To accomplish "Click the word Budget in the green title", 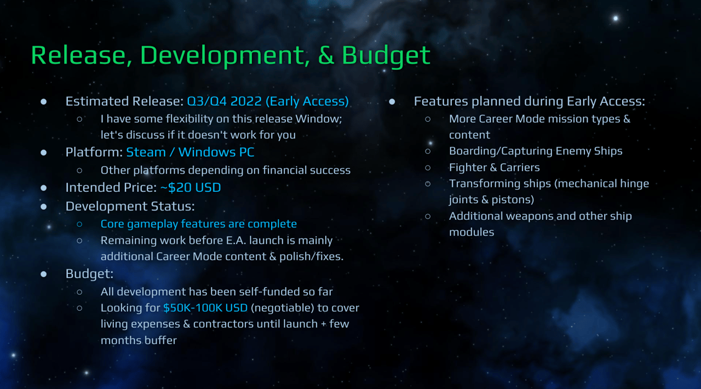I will click(386, 55).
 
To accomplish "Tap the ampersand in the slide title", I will click(326, 55).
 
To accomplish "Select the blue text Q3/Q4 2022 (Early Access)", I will click(268, 101).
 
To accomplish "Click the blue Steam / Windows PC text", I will click(190, 152).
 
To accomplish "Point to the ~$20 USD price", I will click(190, 187).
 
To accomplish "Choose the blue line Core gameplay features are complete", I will click(198, 224).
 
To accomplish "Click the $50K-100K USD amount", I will click(205, 308).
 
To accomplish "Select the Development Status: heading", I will click(130, 206).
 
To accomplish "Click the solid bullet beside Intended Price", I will click(44, 188).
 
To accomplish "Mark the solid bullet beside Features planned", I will click(392, 102).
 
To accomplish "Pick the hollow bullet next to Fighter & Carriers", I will click(428, 168).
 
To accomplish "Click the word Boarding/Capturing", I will click(500, 151).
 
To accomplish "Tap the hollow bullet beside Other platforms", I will click(79, 170).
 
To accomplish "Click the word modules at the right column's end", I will click(472, 232).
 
